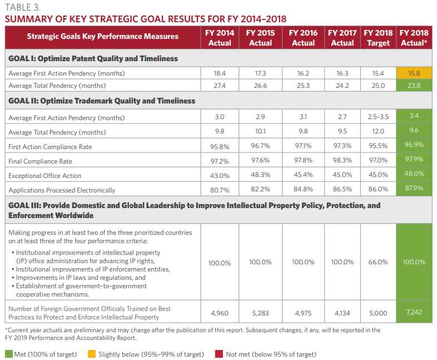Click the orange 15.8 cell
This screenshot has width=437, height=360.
(413, 73)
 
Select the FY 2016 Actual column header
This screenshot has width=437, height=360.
(303, 38)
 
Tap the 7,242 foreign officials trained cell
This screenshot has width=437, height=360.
(413, 312)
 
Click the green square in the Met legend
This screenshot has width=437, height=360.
(9, 354)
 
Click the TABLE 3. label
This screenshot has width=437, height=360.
(23, 7)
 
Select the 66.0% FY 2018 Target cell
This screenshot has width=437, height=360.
(378, 262)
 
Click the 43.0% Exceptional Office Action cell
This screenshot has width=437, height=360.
(220, 176)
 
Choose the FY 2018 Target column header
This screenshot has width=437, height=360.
(378, 38)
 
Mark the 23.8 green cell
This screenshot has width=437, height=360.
(413, 86)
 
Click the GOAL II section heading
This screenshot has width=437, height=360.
(102, 101)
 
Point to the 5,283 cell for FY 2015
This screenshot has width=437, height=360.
(260, 313)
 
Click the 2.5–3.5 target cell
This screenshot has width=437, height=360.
(378, 117)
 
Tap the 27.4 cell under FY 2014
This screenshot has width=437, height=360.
(220, 86)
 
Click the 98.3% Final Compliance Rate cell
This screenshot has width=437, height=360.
(342, 160)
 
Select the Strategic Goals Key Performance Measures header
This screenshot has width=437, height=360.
(103, 37)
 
